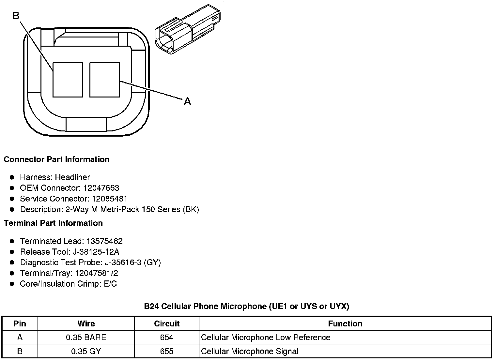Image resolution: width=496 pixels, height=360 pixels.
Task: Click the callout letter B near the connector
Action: click(x=16, y=16)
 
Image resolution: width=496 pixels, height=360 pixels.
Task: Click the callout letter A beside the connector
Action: click(x=187, y=101)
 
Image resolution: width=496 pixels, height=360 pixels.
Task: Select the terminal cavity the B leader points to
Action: click(x=68, y=80)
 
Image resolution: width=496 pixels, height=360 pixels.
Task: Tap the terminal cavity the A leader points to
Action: click(x=104, y=80)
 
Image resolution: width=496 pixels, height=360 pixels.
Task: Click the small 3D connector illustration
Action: click(x=188, y=29)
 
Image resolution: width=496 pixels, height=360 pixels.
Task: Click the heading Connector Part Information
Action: click(x=57, y=159)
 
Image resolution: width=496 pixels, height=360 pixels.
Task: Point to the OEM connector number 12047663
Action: click(x=101, y=188)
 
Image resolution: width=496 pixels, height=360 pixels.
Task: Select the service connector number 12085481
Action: click(x=110, y=199)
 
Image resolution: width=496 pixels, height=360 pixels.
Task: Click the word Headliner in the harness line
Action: click(x=72, y=177)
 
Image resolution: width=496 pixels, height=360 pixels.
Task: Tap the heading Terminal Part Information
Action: click(x=54, y=223)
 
